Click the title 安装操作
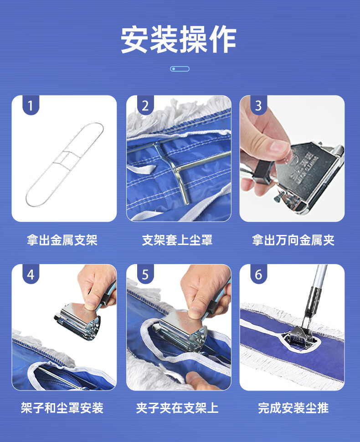179,40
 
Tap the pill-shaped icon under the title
180,69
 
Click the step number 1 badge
31,105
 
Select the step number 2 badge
145,105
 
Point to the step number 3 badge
258,105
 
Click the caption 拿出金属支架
62,240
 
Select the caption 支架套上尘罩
177,240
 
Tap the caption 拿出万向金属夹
293,240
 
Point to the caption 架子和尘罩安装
62,408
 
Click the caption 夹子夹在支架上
177,408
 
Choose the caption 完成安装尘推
293,408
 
